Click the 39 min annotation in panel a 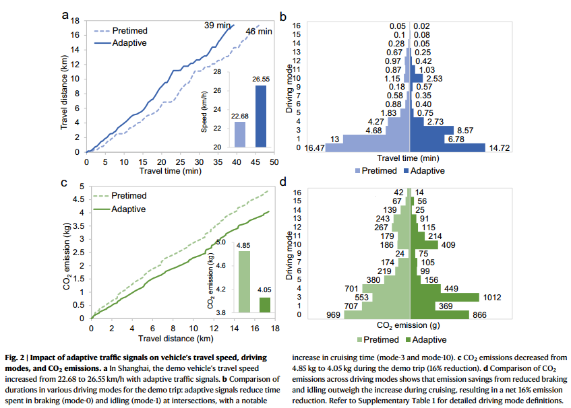[x=217, y=25]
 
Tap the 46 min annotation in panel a [x=259, y=32]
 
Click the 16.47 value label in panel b [x=314, y=147]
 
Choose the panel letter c [x=64, y=182]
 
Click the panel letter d [x=284, y=182]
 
